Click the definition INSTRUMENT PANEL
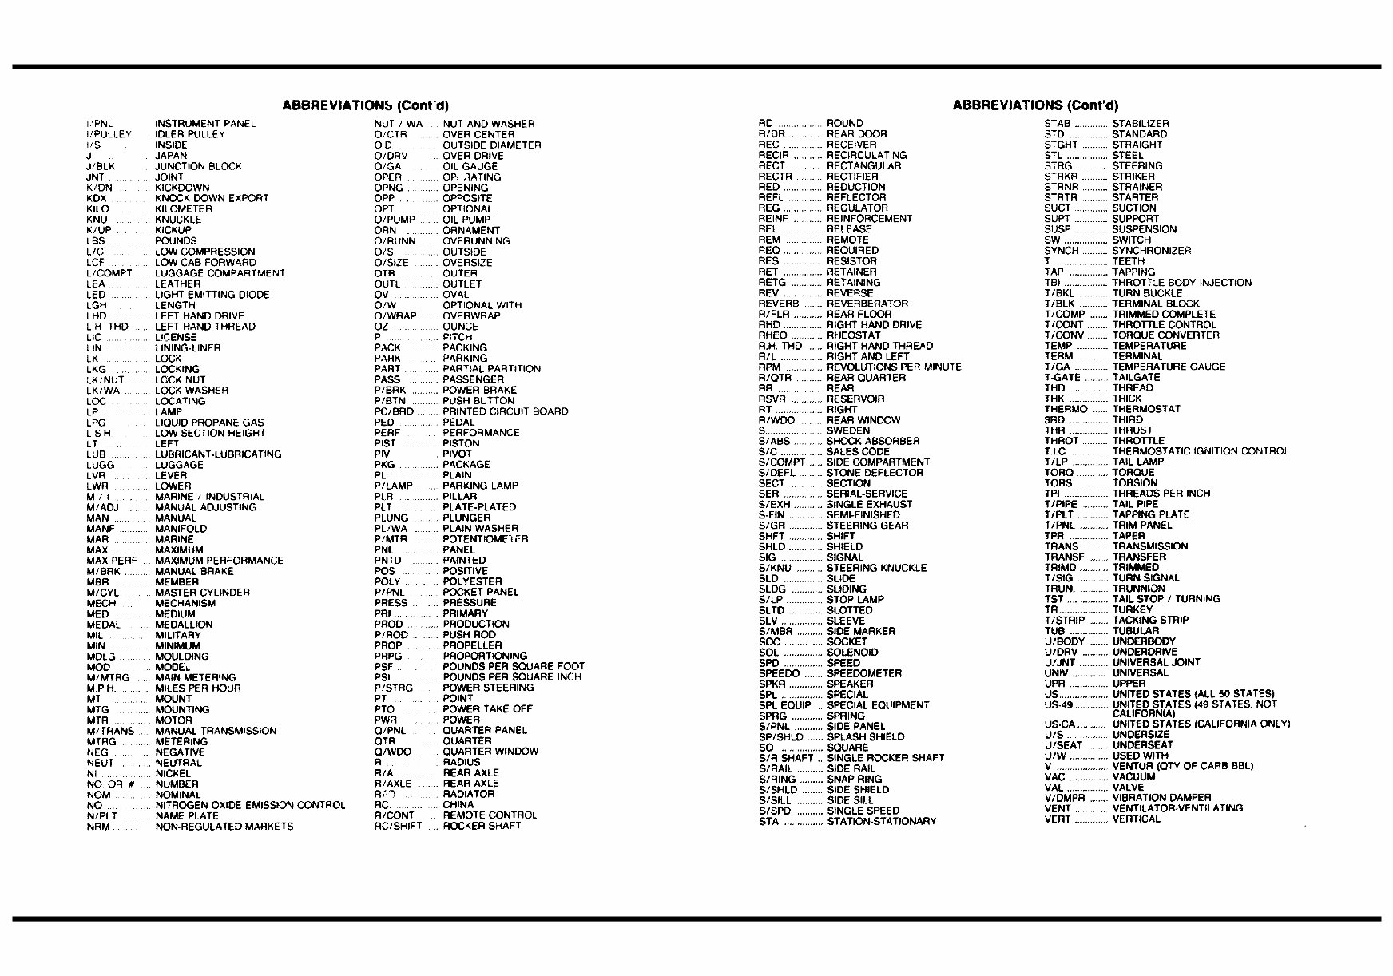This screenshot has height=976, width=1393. coord(205,124)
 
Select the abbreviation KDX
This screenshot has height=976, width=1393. coord(97,198)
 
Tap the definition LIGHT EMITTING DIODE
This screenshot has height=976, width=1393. coord(212,295)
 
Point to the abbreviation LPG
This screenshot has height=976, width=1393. coord(96,423)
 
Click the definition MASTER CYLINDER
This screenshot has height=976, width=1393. coord(202,593)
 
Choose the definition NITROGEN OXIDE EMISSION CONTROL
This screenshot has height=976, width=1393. coord(250,805)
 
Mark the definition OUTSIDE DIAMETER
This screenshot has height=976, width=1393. coord(491,145)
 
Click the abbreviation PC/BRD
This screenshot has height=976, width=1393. coord(395,411)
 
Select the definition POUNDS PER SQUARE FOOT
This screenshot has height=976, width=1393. coord(514,666)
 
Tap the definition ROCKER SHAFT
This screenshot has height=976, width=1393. coord(482,826)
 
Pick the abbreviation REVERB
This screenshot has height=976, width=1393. coord(779,304)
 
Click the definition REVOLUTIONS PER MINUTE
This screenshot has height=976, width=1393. coord(894,367)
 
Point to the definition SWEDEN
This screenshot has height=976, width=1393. coord(848,430)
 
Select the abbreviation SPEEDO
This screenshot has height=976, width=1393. coord(779,673)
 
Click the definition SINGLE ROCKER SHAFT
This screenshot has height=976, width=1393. coord(885,758)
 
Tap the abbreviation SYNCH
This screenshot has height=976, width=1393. coord(1062,251)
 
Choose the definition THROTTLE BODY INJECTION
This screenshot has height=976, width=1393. coord(1181,283)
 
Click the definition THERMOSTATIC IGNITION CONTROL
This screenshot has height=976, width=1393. coord(1201,451)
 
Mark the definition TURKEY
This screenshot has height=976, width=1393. coord(1133,609)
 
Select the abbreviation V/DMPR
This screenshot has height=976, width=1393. coord(1064,798)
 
